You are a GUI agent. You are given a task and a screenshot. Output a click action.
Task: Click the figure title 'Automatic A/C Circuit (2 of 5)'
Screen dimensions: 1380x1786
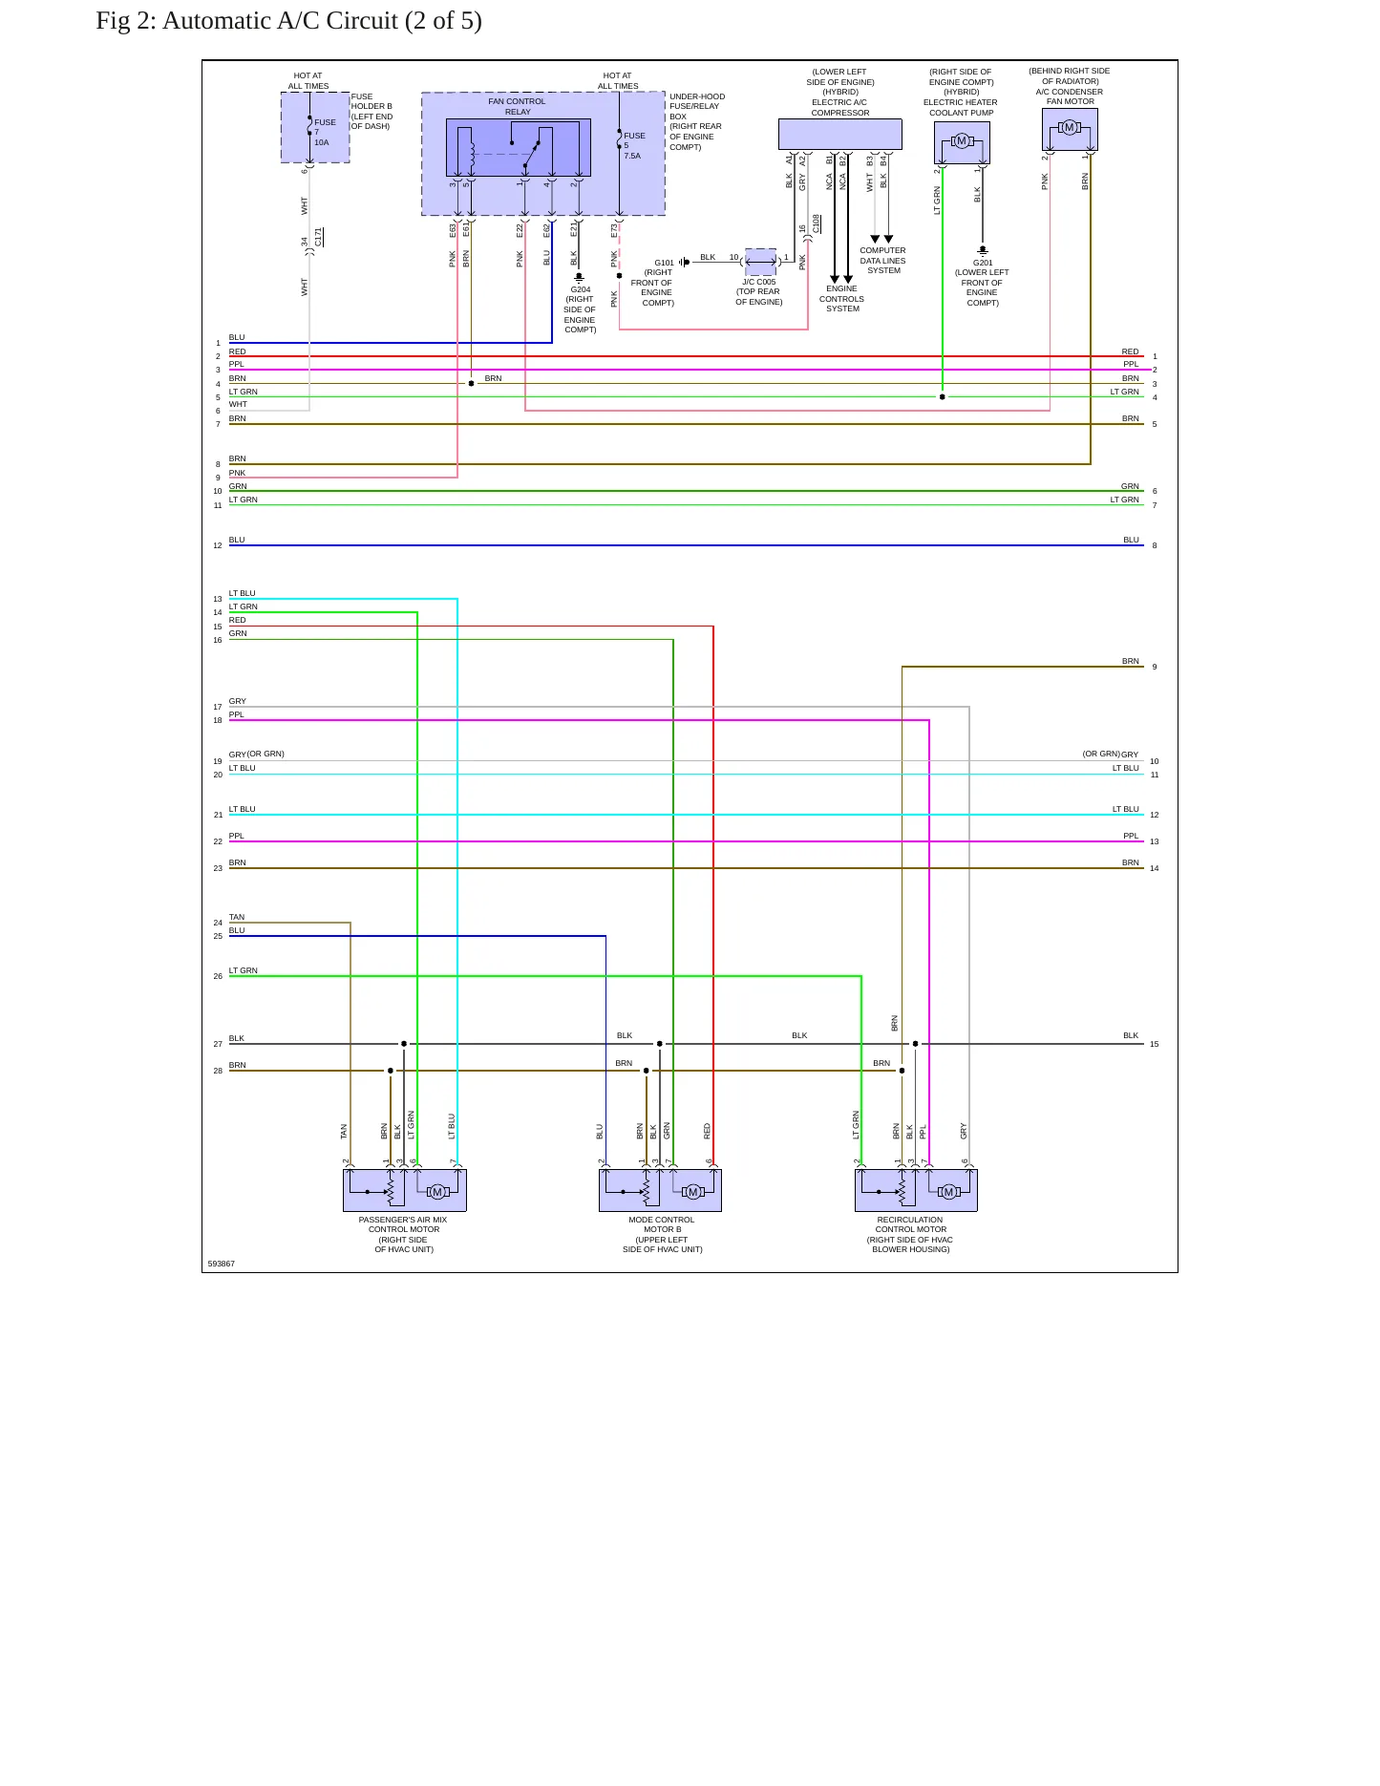click(x=322, y=21)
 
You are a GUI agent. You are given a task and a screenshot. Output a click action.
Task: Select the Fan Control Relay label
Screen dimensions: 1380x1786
click(x=517, y=106)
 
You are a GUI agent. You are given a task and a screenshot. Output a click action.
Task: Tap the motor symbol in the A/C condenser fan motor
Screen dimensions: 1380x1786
click(x=1070, y=128)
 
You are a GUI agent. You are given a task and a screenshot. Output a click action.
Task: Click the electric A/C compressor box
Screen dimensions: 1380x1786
click(x=839, y=135)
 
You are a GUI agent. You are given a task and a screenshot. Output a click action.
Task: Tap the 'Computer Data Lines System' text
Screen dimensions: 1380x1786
click(x=882, y=261)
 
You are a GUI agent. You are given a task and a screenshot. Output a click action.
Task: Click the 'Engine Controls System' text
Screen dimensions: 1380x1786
click(x=841, y=298)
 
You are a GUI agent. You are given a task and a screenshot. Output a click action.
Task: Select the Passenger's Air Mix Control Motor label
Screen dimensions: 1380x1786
click(x=403, y=1234)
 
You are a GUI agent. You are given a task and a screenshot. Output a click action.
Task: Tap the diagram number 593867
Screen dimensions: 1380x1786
click(x=221, y=1264)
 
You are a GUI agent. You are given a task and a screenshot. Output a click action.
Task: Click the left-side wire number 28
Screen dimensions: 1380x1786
click(x=218, y=1071)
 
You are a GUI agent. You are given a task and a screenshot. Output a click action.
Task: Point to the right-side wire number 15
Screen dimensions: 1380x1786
click(x=1155, y=1044)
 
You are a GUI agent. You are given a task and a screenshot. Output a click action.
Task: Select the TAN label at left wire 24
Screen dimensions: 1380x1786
click(x=236, y=917)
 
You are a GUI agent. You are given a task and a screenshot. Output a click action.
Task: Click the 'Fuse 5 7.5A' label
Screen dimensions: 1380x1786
click(x=634, y=145)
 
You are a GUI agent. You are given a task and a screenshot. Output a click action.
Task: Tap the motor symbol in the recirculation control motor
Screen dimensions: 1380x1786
click(x=948, y=1192)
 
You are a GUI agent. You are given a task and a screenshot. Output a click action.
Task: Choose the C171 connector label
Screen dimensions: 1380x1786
click(x=319, y=237)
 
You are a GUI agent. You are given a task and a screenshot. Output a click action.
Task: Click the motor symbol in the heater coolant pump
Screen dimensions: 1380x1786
click(x=962, y=141)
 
